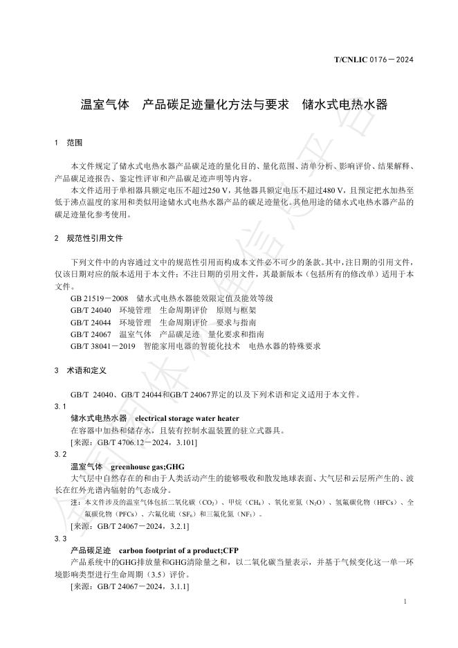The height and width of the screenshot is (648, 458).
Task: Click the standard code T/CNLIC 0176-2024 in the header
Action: pyautogui.click(x=374, y=60)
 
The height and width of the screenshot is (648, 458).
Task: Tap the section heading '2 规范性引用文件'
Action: pyautogui.click(x=89, y=238)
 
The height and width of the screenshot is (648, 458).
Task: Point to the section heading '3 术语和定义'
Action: pyautogui.click(x=80, y=370)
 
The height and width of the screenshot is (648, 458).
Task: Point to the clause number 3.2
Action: pyautogui.click(x=60, y=455)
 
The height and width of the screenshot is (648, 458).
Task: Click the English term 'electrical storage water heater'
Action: pyautogui.click(x=187, y=418)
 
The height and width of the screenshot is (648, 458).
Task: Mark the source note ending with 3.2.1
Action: pyautogui.click(x=130, y=527)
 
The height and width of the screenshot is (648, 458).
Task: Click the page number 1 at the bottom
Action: pyautogui.click(x=404, y=602)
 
